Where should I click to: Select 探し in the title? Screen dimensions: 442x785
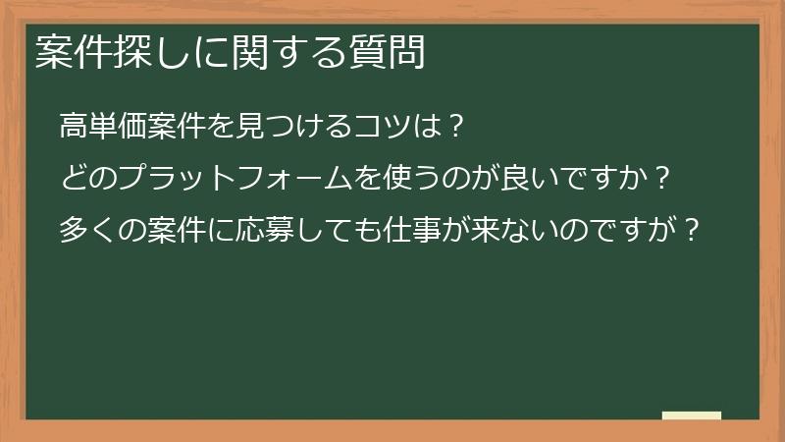[144, 52]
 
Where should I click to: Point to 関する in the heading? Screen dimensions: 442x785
[284, 52]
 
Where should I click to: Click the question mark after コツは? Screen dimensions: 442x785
[452, 127]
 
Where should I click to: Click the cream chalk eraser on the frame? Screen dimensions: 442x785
[692, 415]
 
